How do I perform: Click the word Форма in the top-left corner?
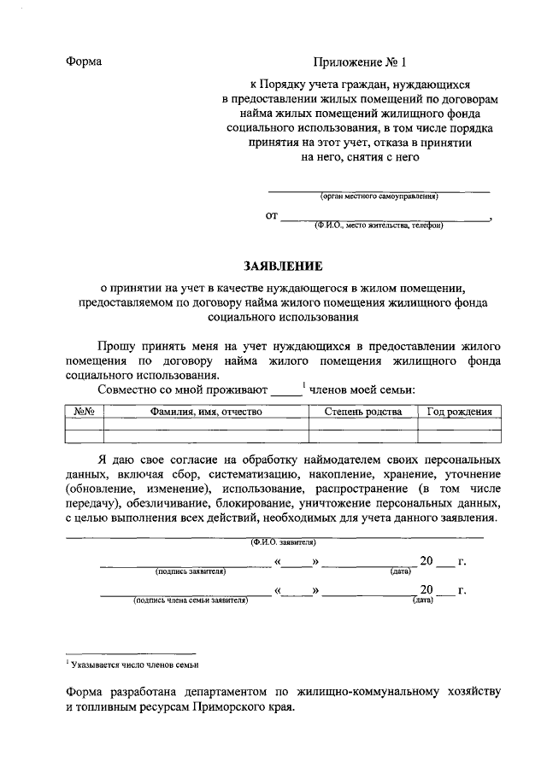coord(84,61)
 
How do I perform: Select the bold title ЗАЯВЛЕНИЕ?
coord(273,266)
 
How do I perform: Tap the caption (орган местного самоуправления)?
coord(379,196)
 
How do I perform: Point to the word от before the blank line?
coord(272,217)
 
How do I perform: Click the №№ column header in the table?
coord(84,412)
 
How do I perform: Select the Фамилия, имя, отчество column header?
coord(206,412)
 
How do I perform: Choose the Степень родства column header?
coord(363,412)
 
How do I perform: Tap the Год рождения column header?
coord(459,412)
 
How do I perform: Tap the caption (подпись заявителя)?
coord(190,571)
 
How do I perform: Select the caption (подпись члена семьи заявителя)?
coord(190,600)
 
